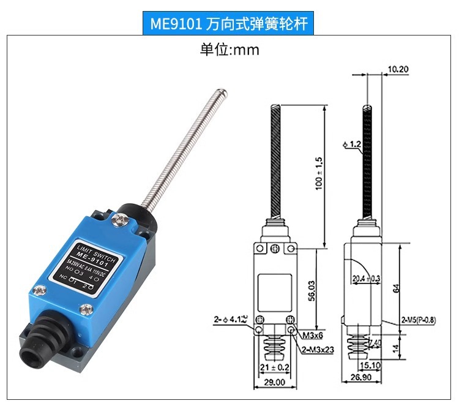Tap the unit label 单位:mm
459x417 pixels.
229,50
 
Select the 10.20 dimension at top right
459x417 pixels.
398,69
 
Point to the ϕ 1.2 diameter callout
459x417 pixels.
352,145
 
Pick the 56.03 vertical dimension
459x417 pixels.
311,290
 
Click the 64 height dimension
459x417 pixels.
397,287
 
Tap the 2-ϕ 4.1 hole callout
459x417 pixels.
230,319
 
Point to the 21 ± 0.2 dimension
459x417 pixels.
274,367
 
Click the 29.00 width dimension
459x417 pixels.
274,382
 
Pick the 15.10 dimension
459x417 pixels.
371,366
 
